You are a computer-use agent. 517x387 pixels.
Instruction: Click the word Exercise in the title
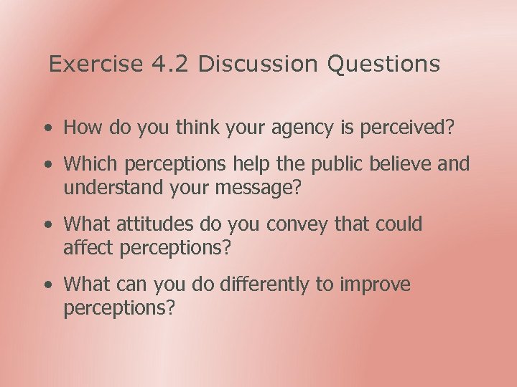pos(96,64)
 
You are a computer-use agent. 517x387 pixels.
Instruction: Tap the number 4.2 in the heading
pos(171,64)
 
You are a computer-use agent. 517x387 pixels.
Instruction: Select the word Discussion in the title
pos(257,64)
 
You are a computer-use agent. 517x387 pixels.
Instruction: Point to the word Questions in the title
pos(383,64)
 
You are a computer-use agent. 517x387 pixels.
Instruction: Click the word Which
pos(91,164)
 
